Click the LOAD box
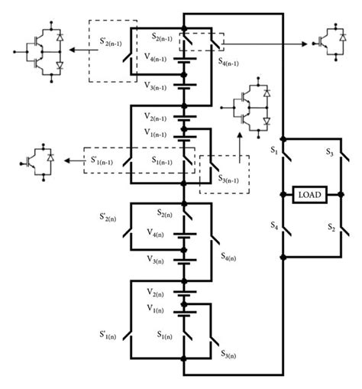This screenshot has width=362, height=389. (312, 195)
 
